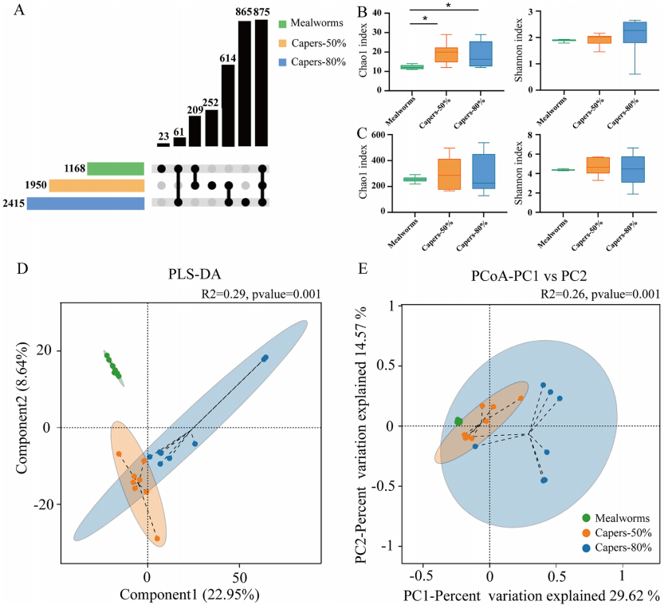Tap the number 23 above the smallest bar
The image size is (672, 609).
(163, 136)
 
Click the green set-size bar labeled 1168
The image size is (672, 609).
(116, 168)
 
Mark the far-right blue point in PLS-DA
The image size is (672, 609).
(265, 358)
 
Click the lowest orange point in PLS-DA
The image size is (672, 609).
(157, 539)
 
